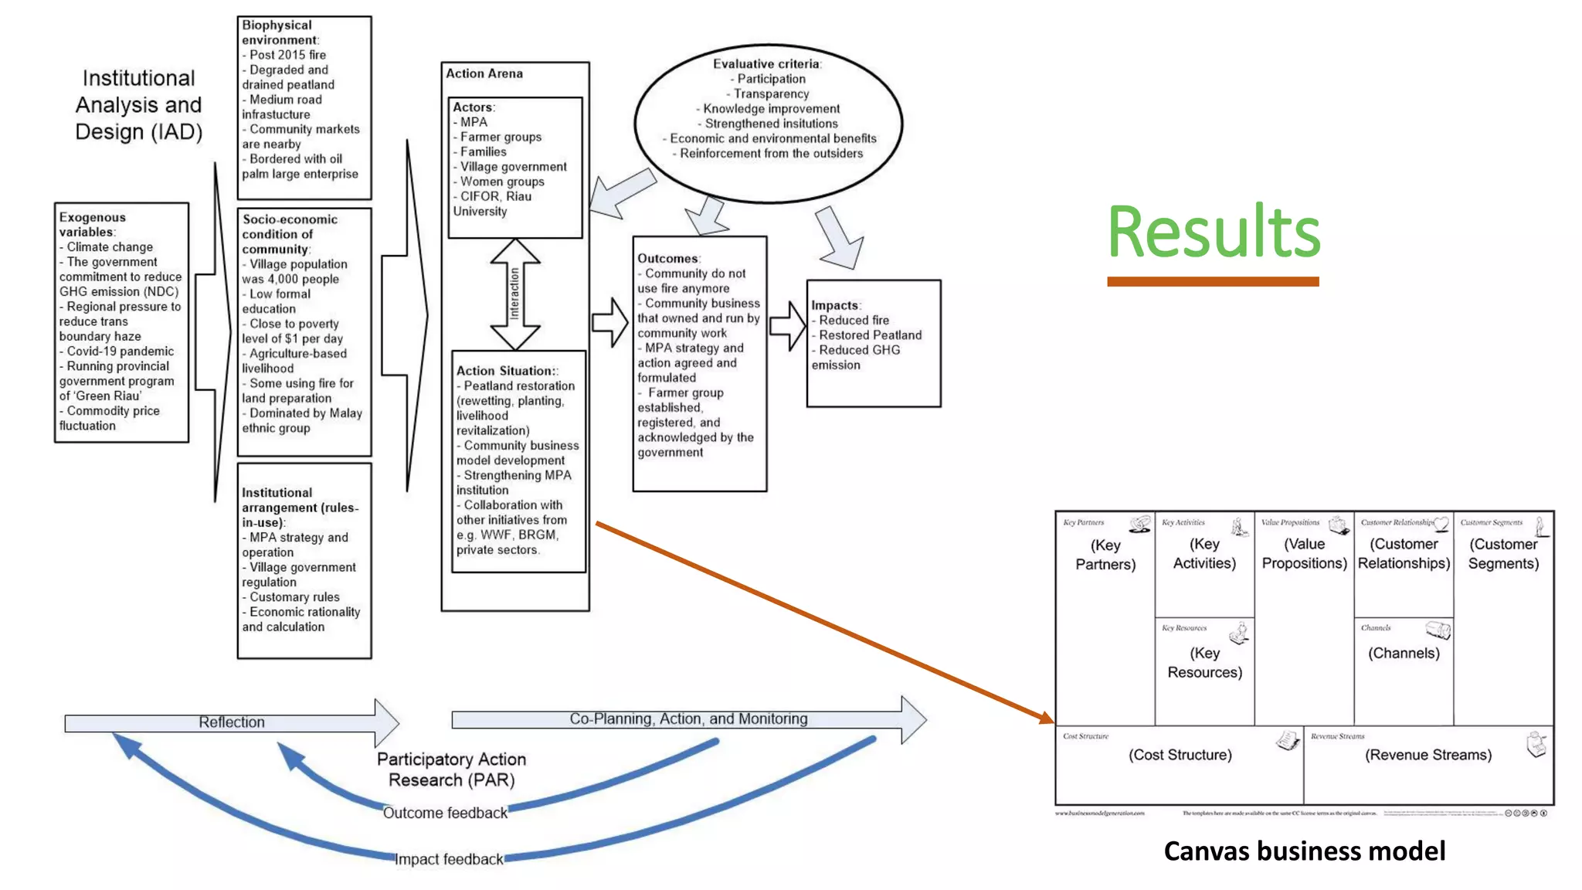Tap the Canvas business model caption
[x=1304, y=851]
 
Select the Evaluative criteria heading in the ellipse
[x=766, y=64]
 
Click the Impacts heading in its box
[x=835, y=305]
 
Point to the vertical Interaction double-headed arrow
[x=514, y=294]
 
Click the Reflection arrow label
[x=231, y=722]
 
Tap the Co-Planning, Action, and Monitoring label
[x=688, y=718]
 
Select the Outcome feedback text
[x=445, y=813]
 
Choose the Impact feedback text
[x=448, y=859]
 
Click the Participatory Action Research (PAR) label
[x=451, y=769]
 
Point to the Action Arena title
[x=484, y=73]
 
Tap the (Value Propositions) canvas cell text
[x=1304, y=553]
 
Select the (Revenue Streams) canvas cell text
[x=1428, y=755]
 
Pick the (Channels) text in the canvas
[x=1404, y=653]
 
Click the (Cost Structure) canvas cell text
[x=1180, y=755]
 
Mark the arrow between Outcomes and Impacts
[x=787, y=326]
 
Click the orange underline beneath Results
[x=1212, y=282]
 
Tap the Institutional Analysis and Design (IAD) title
[x=138, y=105]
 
